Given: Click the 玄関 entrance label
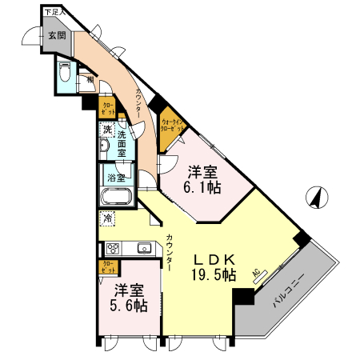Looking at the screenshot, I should click(55, 35).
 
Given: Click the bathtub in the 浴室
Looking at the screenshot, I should click(117, 197).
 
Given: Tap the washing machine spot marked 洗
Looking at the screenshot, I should click(106, 130).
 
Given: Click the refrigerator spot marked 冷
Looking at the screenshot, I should click(106, 217).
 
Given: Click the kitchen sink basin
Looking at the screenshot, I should click(144, 247).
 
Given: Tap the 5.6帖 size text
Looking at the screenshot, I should click(129, 305).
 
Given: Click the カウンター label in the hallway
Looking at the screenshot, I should click(138, 103).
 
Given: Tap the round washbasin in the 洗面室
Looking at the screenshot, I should click(104, 148).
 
